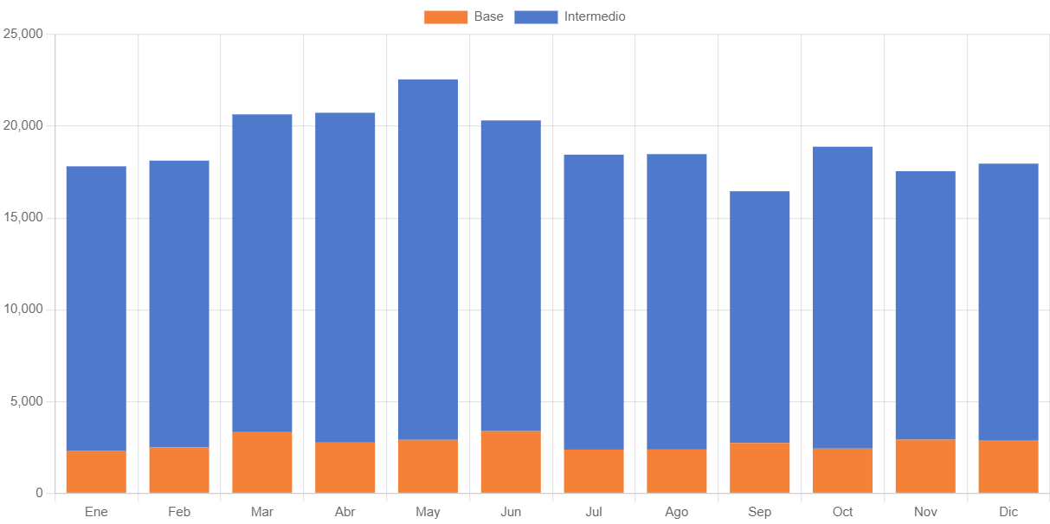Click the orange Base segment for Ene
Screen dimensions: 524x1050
tap(96, 471)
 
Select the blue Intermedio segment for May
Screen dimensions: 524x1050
tap(428, 259)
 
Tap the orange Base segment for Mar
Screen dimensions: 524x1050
tap(262, 462)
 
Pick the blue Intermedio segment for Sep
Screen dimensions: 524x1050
tap(759, 316)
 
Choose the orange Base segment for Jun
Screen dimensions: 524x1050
tap(511, 462)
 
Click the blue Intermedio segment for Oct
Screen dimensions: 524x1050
tap(842, 297)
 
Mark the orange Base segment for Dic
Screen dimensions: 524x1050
tap(1008, 466)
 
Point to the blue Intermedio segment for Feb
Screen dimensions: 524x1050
tap(179, 304)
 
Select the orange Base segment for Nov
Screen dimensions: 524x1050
tap(925, 466)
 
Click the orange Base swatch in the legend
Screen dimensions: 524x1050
tap(445, 16)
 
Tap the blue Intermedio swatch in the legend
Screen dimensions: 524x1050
tap(536, 16)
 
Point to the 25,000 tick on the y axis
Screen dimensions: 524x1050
tap(23, 34)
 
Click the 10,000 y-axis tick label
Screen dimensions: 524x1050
tap(23, 310)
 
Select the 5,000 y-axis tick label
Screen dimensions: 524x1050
tap(27, 401)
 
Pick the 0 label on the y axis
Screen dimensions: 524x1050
tap(39, 493)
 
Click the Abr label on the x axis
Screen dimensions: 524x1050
tap(345, 512)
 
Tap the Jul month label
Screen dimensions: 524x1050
tap(594, 512)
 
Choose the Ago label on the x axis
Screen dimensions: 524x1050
tap(677, 512)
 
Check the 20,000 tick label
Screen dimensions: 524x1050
tap(23, 125)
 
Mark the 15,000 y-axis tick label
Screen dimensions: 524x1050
tap(23, 217)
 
